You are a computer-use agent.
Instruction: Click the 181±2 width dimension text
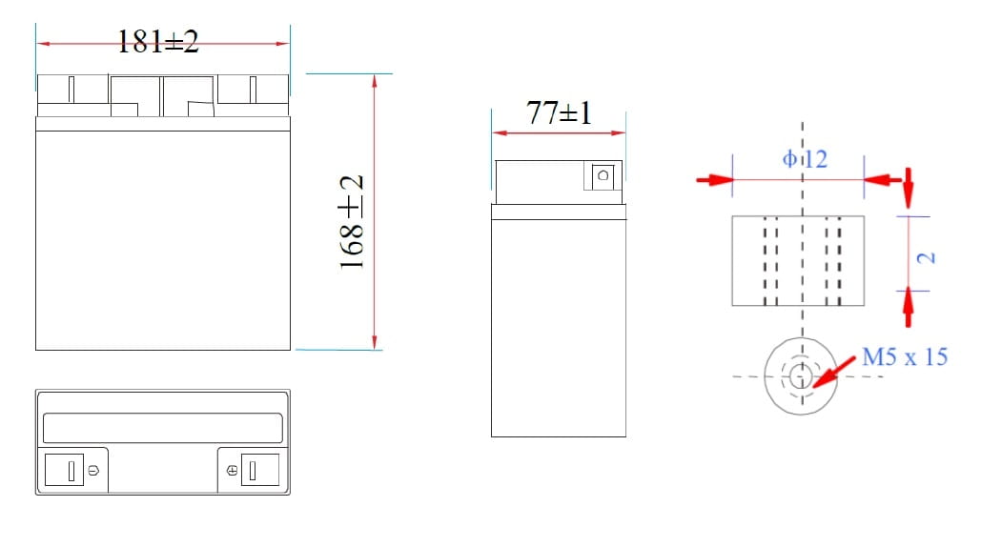point(158,41)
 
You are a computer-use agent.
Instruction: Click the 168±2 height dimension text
point(353,221)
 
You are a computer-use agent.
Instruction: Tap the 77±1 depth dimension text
point(559,113)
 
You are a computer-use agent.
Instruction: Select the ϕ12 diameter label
point(805,159)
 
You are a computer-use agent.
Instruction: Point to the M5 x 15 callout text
point(904,356)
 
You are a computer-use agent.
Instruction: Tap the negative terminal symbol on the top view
point(92,471)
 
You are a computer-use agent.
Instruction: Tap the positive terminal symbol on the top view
point(231,471)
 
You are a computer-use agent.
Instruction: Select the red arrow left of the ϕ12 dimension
point(714,179)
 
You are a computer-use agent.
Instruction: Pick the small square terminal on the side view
point(602,175)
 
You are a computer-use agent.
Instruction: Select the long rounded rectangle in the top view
point(163,427)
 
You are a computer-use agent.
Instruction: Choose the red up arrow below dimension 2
point(908,306)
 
